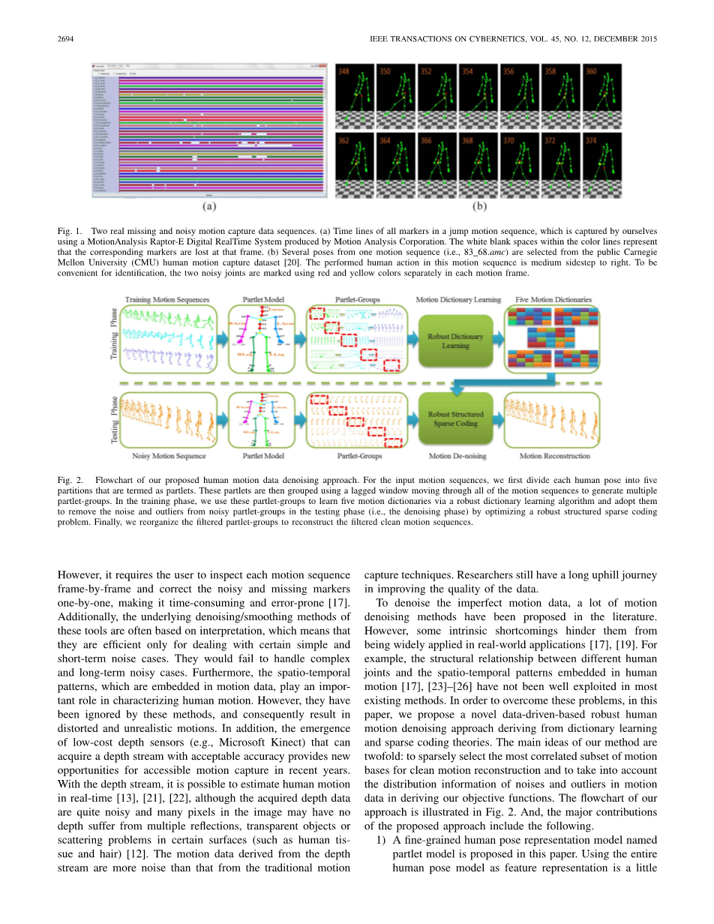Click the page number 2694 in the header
pos(67,39)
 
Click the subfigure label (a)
pos(211,205)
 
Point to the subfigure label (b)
pos(478,205)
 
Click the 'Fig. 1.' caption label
pos(70,232)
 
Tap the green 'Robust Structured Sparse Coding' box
pos(455,418)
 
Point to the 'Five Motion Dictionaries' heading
pos(553,299)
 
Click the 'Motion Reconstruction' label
pos(554,455)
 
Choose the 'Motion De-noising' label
pos(457,455)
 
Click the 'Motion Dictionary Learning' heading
pos(458,299)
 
